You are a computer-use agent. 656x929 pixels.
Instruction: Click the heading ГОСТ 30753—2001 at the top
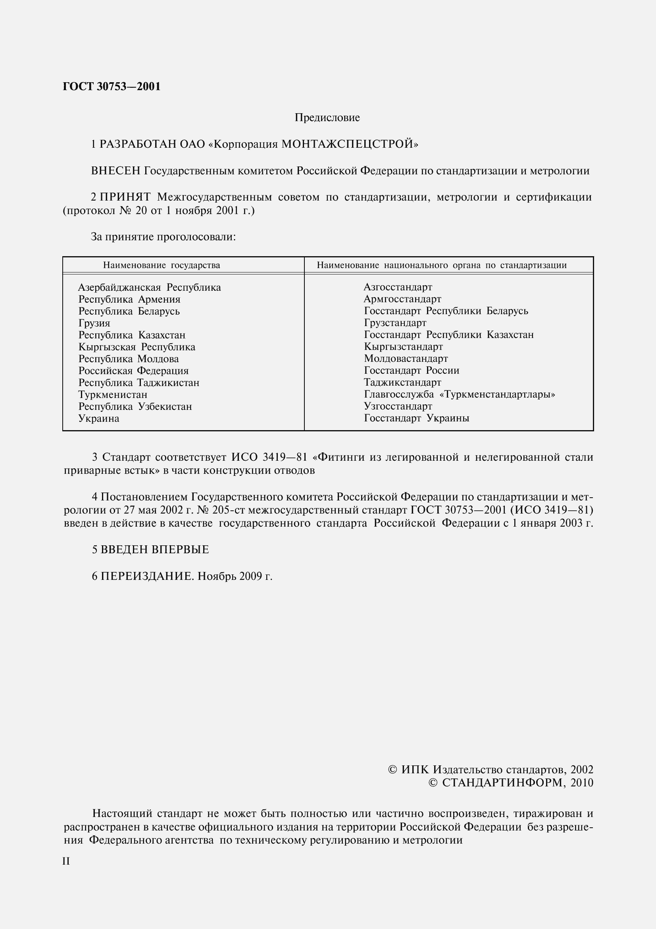112,87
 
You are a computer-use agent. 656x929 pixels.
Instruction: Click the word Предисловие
327,118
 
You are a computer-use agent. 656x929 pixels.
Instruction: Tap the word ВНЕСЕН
116,171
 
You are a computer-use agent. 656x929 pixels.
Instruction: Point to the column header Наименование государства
161,265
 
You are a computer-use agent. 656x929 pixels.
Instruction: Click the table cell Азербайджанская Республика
149,288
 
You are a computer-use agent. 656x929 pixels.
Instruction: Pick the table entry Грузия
94,323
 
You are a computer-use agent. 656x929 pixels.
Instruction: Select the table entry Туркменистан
113,394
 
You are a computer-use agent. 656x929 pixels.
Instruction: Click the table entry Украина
99,418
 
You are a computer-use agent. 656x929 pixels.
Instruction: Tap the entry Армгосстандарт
402,299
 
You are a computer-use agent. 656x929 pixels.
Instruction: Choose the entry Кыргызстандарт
403,347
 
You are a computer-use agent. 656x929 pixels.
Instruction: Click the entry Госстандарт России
412,371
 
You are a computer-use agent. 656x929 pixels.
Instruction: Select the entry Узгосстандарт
398,406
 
